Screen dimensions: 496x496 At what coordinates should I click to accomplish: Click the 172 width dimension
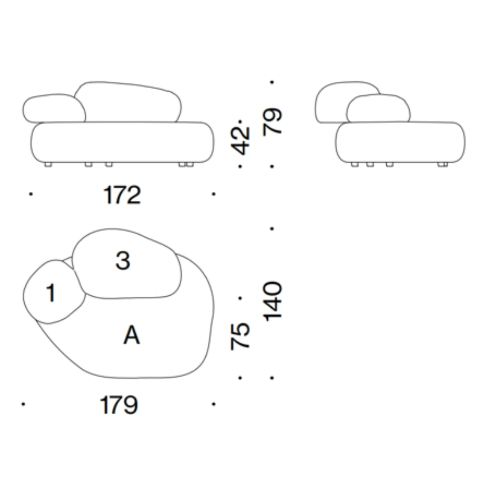click(122, 195)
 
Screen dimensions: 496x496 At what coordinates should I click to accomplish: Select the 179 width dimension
click(119, 405)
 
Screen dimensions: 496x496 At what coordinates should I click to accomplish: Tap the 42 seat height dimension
click(241, 141)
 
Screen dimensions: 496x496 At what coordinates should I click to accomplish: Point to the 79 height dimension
click(272, 122)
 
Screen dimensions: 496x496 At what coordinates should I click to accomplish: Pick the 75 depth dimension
click(240, 336)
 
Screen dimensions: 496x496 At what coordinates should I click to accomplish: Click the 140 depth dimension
click(272, 301)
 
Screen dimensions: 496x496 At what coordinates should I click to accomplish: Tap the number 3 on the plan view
click(123, 260)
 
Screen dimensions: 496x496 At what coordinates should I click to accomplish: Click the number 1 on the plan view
click(51, 293)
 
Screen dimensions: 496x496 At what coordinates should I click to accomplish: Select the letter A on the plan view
click(132, 335)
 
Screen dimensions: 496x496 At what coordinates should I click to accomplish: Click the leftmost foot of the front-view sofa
click(48, 164)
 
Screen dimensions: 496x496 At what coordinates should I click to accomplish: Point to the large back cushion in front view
click(128, 102)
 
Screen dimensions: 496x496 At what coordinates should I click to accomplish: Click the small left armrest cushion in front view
click(54, 108)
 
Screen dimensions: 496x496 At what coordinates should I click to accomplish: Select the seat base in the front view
click(123, 142)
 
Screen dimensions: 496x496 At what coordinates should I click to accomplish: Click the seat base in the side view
click(400, 142)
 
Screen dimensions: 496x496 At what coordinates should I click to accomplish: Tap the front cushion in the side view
click(378, 108)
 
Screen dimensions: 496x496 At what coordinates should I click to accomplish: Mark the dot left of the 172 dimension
click(31, 194)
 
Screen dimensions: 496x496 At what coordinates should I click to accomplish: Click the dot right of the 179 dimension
click(214, 404)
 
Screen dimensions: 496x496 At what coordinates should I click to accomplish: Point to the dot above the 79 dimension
click(272, 82)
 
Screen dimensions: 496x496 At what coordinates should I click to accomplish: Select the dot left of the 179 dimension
click(23, 404)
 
